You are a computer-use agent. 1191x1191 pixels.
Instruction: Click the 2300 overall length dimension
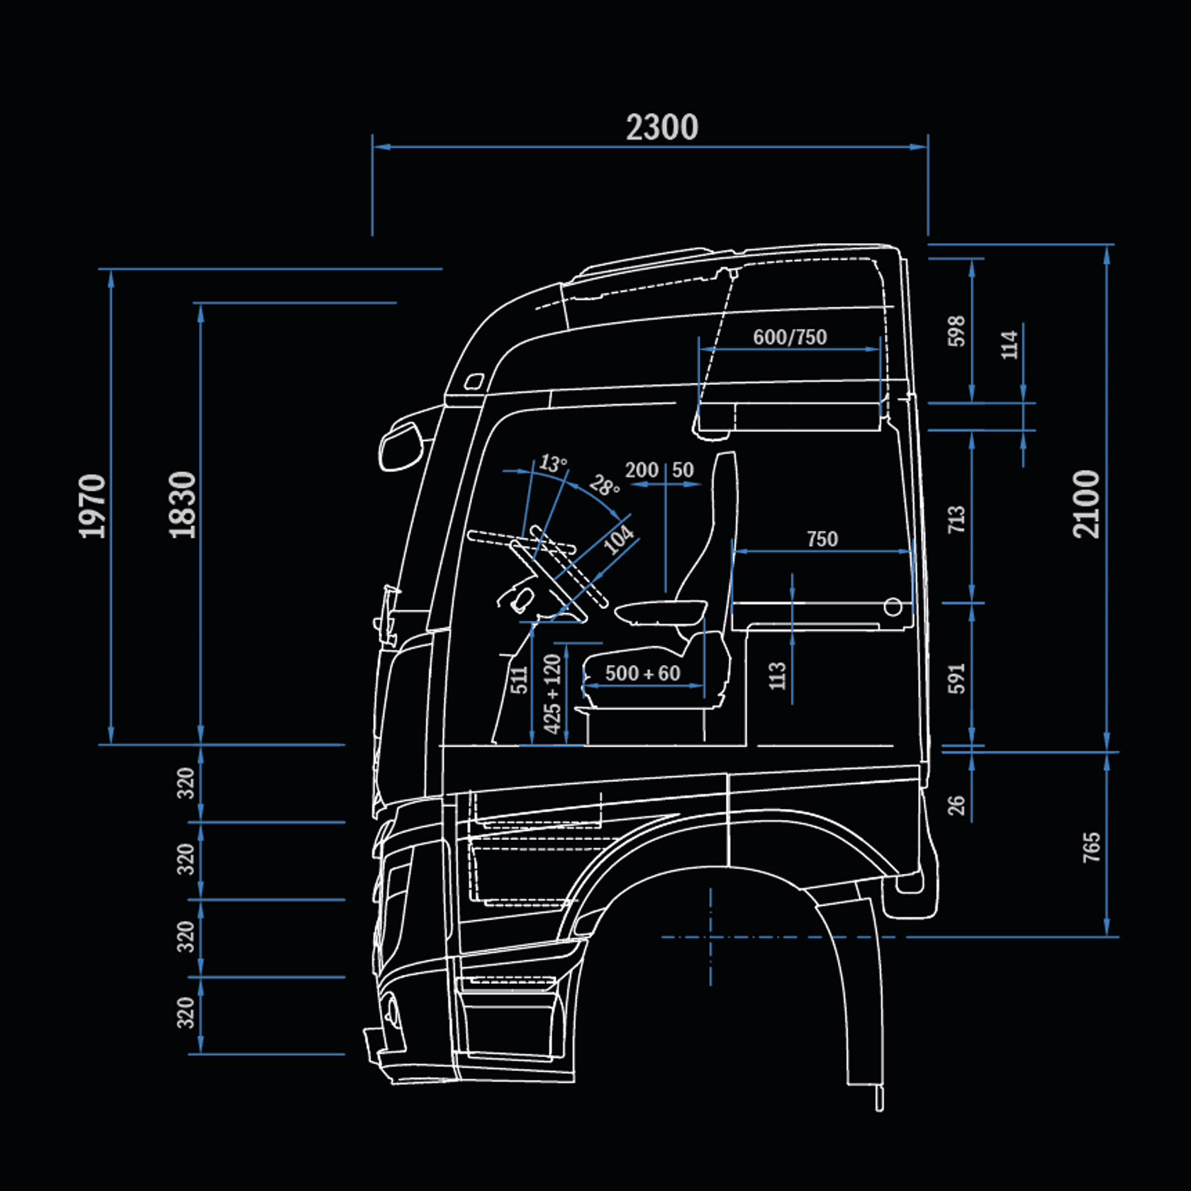tap(661, 128)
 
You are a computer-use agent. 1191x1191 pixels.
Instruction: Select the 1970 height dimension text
tap(92, 505)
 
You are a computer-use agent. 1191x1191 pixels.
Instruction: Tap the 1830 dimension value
tap(182, 504)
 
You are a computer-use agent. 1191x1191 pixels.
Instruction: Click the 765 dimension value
tap(1092, 847)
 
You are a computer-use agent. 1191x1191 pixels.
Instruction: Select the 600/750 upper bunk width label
tap(790, 337)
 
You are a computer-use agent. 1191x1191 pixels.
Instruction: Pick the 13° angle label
tap(552, 464)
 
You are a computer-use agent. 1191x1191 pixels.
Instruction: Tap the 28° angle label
tap(604, 486)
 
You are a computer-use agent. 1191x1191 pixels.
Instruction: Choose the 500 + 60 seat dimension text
tap(642, 673)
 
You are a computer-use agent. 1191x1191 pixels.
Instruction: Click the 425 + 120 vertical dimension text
tap(552, 694)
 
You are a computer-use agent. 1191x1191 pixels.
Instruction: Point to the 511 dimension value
tap(519, 679)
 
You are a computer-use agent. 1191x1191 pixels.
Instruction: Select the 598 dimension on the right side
tap(956, 331)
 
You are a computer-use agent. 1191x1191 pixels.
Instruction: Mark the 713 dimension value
tap(956, 519)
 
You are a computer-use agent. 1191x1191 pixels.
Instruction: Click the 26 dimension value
tap(956, 805)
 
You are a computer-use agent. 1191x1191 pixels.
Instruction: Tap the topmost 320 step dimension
tap(185, 783)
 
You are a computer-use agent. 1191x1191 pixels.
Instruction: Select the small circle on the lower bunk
tap(893, 607)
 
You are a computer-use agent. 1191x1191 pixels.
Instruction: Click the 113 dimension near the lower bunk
tap(778, 676)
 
